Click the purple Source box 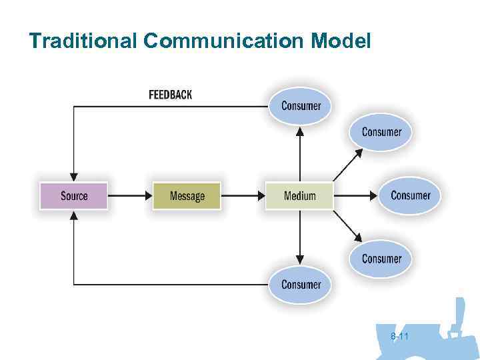coord(73,196)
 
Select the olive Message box coord(187,196)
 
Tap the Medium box coord(299,196)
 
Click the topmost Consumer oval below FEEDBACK coord(301,106)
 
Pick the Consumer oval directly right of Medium coord(410,195)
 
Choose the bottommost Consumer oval coord(301,285)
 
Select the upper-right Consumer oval coord(381,132)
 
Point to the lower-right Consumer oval coord(381,259)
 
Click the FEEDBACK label coord(170,95)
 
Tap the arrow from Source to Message coord(129,196)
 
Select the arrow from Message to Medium coord(243,196)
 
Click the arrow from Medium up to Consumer coord(300,153)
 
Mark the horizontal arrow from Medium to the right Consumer coord(356,196)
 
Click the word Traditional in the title coord(83,41)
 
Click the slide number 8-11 coord(399,337)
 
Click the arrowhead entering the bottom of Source coord(73,217)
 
